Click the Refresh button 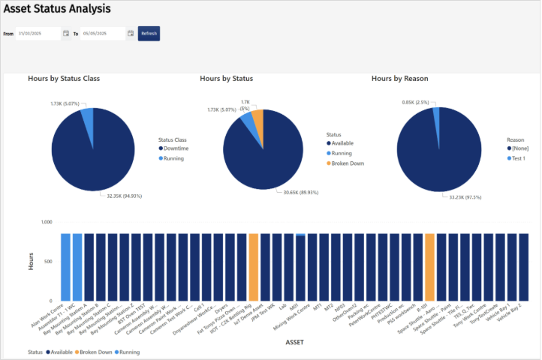(x=149, y=33)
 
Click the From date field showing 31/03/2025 (x=38, y=33)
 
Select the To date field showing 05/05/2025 (x=102, y=33)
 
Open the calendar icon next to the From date (x=66, y=33)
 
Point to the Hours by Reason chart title (x=400, y=78)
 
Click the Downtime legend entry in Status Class (x=176, y=149)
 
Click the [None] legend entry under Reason (x=520, y=149)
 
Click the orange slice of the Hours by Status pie (x=257, y=121)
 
